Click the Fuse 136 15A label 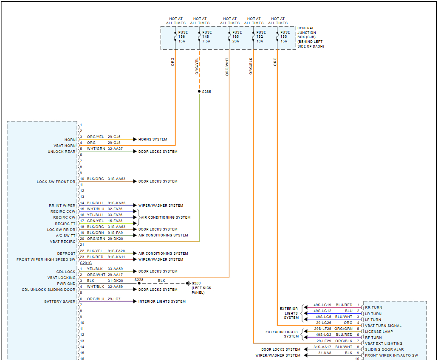(183, 37)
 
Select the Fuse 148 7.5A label (207, 37)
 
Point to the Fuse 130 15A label (285, 37)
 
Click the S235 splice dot (199, 91)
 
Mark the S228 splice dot (139, 283)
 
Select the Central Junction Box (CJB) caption (310, 37)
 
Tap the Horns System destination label (153, 139)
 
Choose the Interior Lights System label (162, 301)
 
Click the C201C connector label (86, 263)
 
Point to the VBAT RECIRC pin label (63, 241)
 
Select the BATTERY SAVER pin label (60, 301)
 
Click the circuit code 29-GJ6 (114, 137)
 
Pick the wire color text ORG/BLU (96, 299)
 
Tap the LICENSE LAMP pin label (379, 332)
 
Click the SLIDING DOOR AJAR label (384, 349)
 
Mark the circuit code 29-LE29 (324, 340)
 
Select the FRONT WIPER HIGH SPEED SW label (46, 259)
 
